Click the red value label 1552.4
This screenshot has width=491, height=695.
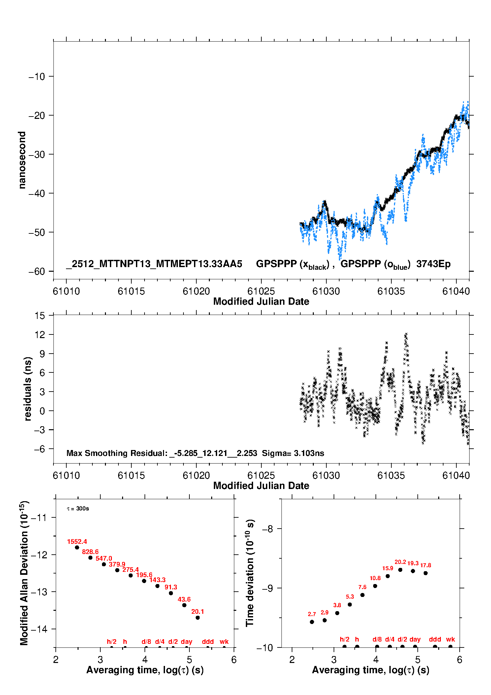[77, 542]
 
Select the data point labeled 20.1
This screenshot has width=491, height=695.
[198, 617]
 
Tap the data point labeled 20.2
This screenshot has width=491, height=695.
[400, 570]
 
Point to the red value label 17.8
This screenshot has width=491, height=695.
[426, 565]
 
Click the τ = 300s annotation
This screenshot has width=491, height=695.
[78, 508]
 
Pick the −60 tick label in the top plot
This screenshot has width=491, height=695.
[37, 271]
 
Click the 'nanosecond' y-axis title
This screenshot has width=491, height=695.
[22, 160]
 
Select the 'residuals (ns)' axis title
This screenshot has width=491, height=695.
[28, 389]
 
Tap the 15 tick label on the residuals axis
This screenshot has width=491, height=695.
[40, 316]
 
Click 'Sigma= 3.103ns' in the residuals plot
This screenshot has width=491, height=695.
[293, 453]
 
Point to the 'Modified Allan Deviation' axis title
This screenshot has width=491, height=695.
[24, 573]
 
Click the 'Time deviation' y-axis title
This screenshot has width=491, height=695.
[250, 573]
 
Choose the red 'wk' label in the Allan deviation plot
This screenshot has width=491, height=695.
[224, 642]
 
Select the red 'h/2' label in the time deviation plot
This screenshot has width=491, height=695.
[344, 639]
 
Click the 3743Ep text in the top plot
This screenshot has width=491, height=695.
[433, 264]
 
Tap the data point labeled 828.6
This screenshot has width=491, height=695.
[90, 558]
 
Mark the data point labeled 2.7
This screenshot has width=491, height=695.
[312, 622]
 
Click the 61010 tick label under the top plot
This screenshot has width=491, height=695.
[66, 291]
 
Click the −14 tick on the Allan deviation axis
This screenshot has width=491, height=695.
[39, 629]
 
